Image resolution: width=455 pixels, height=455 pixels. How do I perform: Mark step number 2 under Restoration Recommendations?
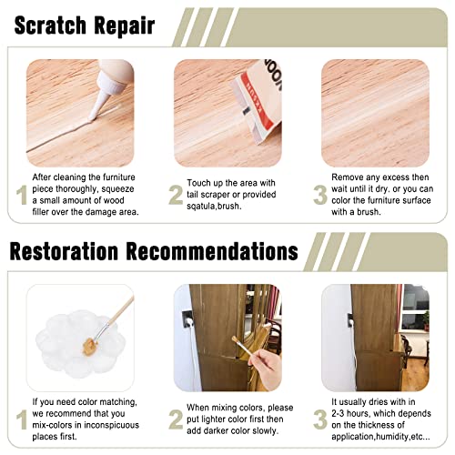coord(176,420)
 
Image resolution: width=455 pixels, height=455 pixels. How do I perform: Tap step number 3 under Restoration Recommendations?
coord(320,420)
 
